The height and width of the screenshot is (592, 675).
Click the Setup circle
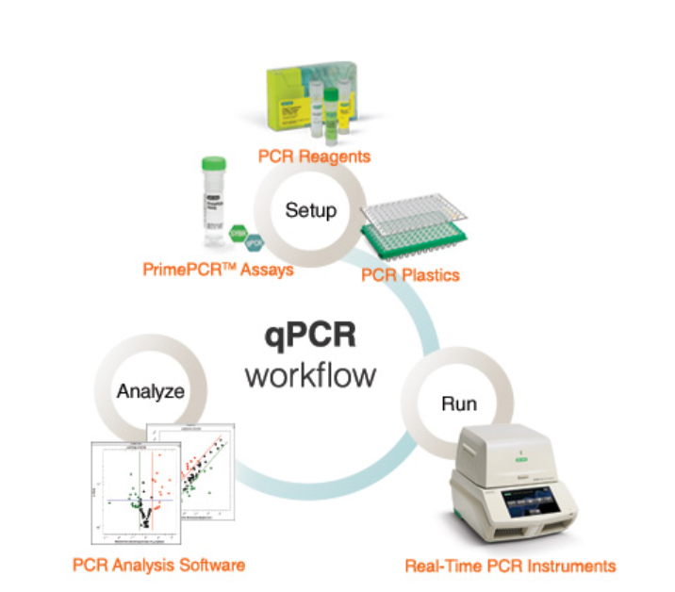point(310,209)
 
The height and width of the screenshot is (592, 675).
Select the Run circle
point(458,404)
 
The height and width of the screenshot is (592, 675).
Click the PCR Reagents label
point(317,155)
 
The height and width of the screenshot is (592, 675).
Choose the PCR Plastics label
point(410,274)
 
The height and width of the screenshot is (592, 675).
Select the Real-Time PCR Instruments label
point(510,566)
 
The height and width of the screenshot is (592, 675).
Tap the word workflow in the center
point(310,374)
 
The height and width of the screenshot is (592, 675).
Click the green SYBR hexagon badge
point(239,232)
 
